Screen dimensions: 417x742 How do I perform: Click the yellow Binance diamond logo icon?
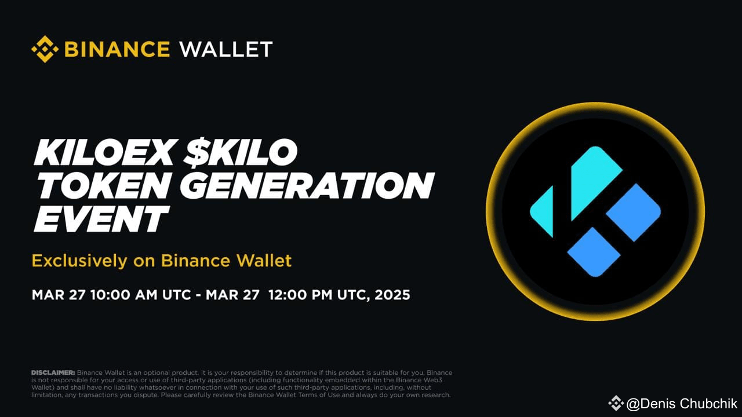tap(44, 49)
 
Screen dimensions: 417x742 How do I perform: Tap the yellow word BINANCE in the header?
tap(117, 49)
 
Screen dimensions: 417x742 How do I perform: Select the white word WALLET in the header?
tap(226, 49)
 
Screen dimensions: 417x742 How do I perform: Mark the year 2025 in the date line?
tap(392, 295)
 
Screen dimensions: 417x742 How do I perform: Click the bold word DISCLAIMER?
tap(53, 372)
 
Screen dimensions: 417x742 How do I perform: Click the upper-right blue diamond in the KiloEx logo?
tap(634, 212)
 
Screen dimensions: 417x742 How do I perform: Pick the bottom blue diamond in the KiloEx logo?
tap(594, 252)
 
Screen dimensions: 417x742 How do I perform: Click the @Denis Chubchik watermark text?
tap(682, 404)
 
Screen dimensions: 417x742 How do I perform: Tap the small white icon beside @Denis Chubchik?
tap(616, 403)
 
